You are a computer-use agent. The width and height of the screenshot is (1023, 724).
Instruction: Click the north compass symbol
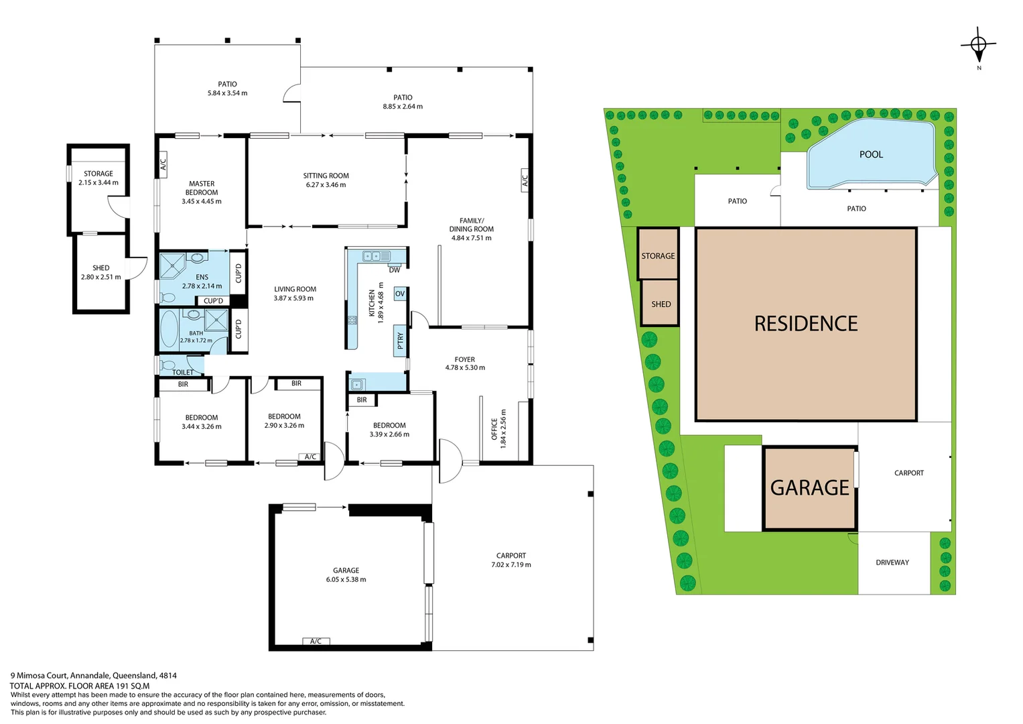(978, 46)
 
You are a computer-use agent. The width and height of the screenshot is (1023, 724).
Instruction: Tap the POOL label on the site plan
(871, 154)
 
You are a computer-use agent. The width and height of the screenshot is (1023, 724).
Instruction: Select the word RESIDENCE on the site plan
(806, 324)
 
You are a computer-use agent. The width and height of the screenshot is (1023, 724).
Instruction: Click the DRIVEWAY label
(892, 562)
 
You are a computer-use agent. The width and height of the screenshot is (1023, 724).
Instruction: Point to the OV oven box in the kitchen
(400, 294)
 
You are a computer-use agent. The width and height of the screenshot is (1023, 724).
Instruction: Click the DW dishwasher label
(395, 270)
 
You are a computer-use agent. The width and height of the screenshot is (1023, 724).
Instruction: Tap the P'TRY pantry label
(401, 341)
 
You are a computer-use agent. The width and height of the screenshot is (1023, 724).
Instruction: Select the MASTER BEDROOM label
(202, 188)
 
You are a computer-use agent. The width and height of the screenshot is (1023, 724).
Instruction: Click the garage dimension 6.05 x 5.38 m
(346, 579)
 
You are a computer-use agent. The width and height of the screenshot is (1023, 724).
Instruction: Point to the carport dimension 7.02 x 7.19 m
(510, 564)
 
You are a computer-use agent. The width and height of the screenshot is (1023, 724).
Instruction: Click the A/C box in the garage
(316, 641)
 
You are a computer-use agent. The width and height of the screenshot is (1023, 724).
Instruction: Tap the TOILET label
(183, 372)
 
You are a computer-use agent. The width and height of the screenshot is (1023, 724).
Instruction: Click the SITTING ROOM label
(326, 176)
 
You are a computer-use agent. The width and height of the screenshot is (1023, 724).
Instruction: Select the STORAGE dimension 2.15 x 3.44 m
(98, 182)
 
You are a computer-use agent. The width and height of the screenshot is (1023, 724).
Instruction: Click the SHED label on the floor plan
(101, 267)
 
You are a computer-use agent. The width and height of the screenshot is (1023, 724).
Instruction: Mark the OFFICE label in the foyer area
(494, 428)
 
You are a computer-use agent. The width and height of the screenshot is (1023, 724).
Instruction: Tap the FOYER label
(464, 359)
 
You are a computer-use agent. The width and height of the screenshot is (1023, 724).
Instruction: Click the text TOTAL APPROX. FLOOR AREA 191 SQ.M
(80, 686)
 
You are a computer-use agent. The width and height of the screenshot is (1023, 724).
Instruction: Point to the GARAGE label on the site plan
(809, 487)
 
